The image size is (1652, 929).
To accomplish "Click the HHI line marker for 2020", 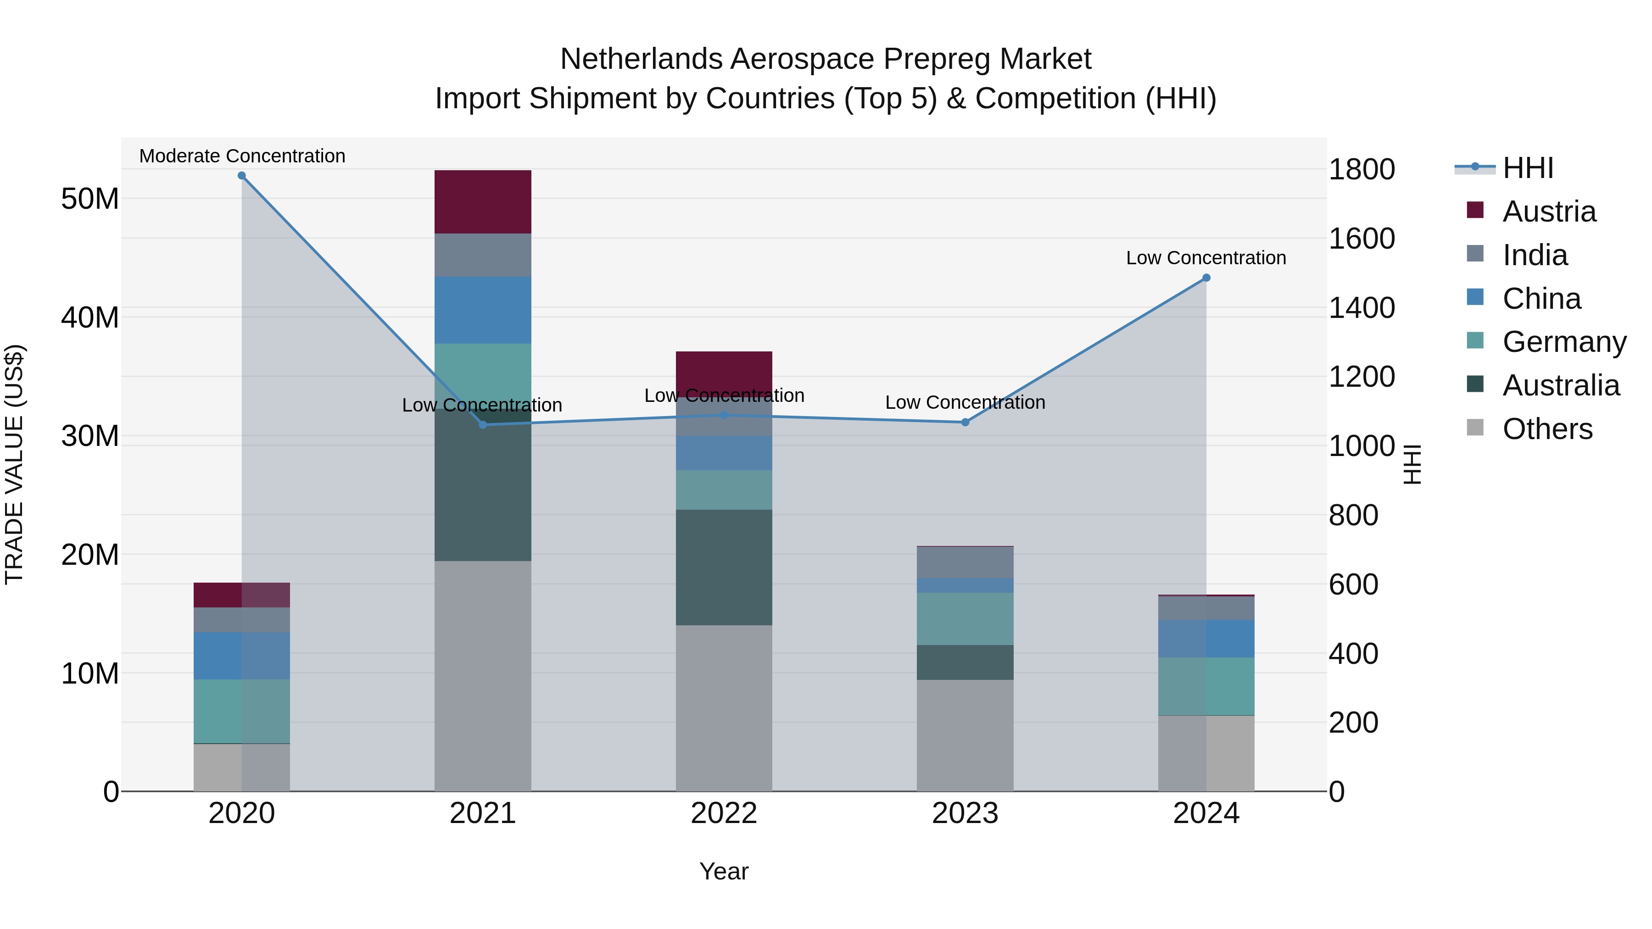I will [242, 176].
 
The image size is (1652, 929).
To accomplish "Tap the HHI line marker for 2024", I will [1206, 278].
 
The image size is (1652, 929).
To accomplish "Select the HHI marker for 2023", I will [965, 423].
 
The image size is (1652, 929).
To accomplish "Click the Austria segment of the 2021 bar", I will [483, 202].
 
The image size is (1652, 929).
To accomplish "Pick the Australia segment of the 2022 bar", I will [724, 567].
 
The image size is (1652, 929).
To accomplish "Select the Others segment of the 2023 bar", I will [965, 735].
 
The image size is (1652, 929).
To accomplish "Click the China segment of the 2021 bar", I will [483, 310].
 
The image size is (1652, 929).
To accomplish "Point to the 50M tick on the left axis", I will [90, 199].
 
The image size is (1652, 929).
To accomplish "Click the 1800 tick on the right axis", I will [1362, 169].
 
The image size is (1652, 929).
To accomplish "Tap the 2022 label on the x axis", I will [724, 813].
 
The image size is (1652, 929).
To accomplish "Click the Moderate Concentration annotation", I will [242, 156].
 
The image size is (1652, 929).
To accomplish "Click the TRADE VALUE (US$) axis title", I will [14, 464].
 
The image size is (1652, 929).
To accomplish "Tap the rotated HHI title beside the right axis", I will [1412, 464].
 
